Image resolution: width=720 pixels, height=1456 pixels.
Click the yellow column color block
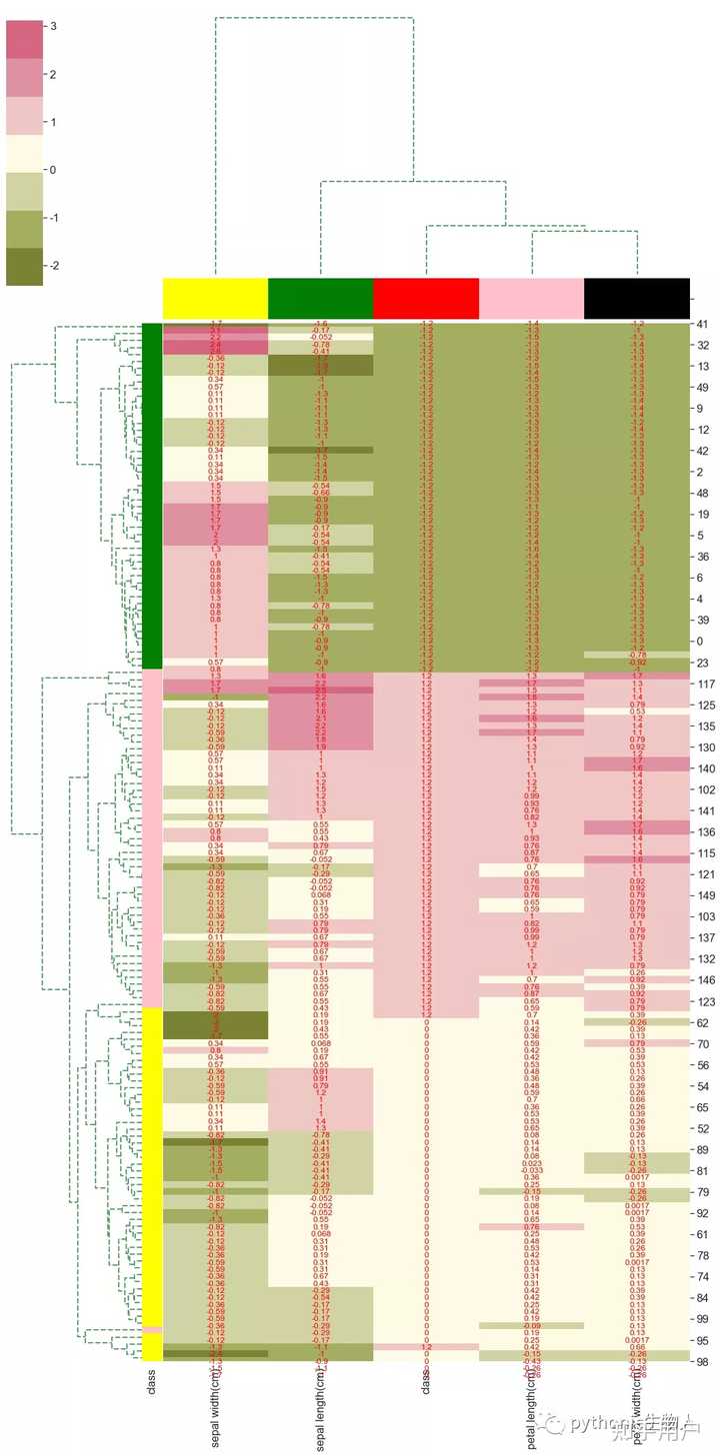coord(215,298)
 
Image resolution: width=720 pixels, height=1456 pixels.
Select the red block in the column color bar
coord(426,298)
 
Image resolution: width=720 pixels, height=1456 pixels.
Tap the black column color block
coord(637,298)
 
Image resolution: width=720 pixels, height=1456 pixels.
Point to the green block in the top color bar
coord(321,298)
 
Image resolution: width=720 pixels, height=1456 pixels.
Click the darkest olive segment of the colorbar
coord(25,266)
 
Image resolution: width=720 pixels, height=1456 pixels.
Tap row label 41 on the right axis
coord(703,325)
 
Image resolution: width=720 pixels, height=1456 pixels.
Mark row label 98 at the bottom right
coord(703,1362)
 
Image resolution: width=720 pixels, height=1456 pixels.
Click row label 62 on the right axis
coord(703,1022)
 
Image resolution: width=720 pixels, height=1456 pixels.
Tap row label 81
coord(703,1170)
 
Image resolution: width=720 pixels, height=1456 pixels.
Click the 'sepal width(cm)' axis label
coord(215,1408)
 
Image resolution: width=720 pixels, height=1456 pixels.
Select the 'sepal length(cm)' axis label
coord(321,1410)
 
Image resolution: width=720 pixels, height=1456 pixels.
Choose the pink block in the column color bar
coord(531,298)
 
